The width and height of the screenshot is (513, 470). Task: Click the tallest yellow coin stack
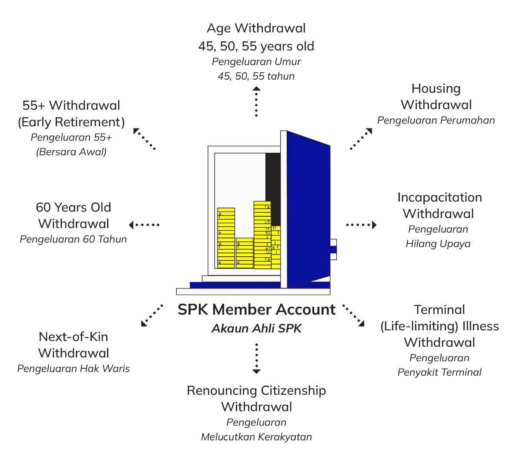click(x=262, y=235)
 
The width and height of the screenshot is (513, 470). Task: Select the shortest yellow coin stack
click(x=245, y=252)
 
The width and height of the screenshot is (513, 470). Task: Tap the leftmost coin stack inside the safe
click(x=226, y=237)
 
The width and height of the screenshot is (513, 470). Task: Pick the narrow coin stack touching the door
click(x=276, y=246)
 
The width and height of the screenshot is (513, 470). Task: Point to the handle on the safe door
click(x=334, y=249)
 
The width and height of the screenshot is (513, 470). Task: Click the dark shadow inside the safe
click(x=273, y=183)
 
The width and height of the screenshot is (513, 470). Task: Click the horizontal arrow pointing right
click(x=361, y=225)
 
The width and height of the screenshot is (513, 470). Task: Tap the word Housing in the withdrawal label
click(x=436, y=88)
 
